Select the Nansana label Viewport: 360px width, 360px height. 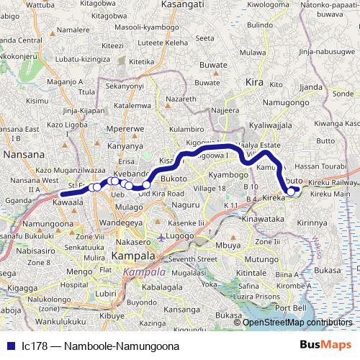[x=24, y=154]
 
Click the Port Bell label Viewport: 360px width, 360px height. [x=290, y=308]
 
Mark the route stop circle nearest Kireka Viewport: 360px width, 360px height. [x=291, y=191]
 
